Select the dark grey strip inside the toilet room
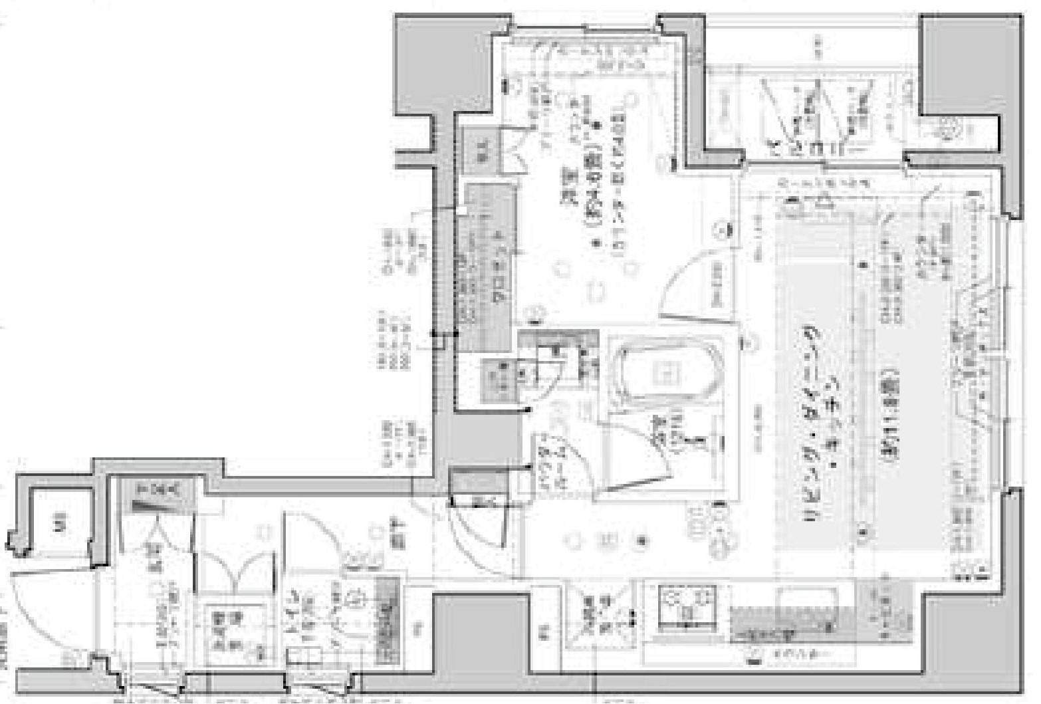[x=386, y=622]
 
